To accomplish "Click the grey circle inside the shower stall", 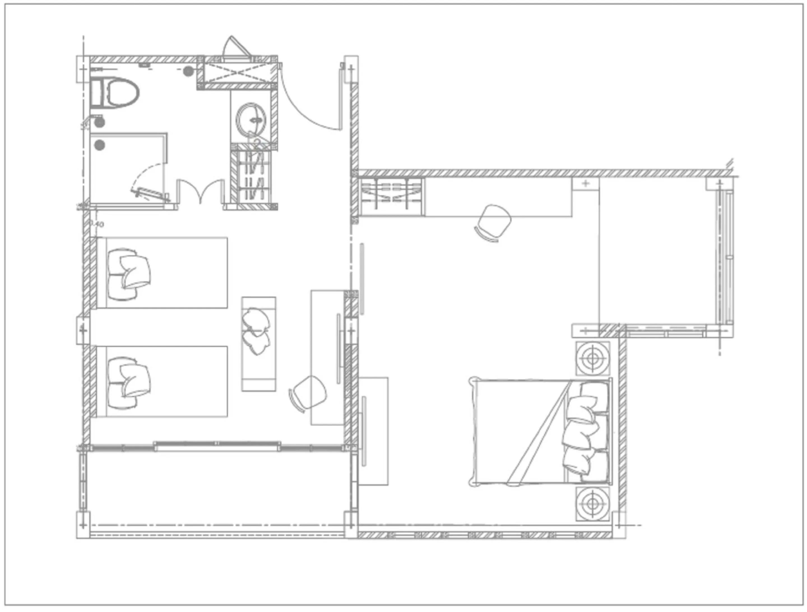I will [x=99, y=145].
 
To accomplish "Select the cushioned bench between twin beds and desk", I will [x=258, y=344].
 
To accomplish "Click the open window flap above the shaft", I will [x=235, y=47].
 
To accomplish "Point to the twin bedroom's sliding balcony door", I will [x=217, y=445].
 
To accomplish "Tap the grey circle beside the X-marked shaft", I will [x=188, y=71].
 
